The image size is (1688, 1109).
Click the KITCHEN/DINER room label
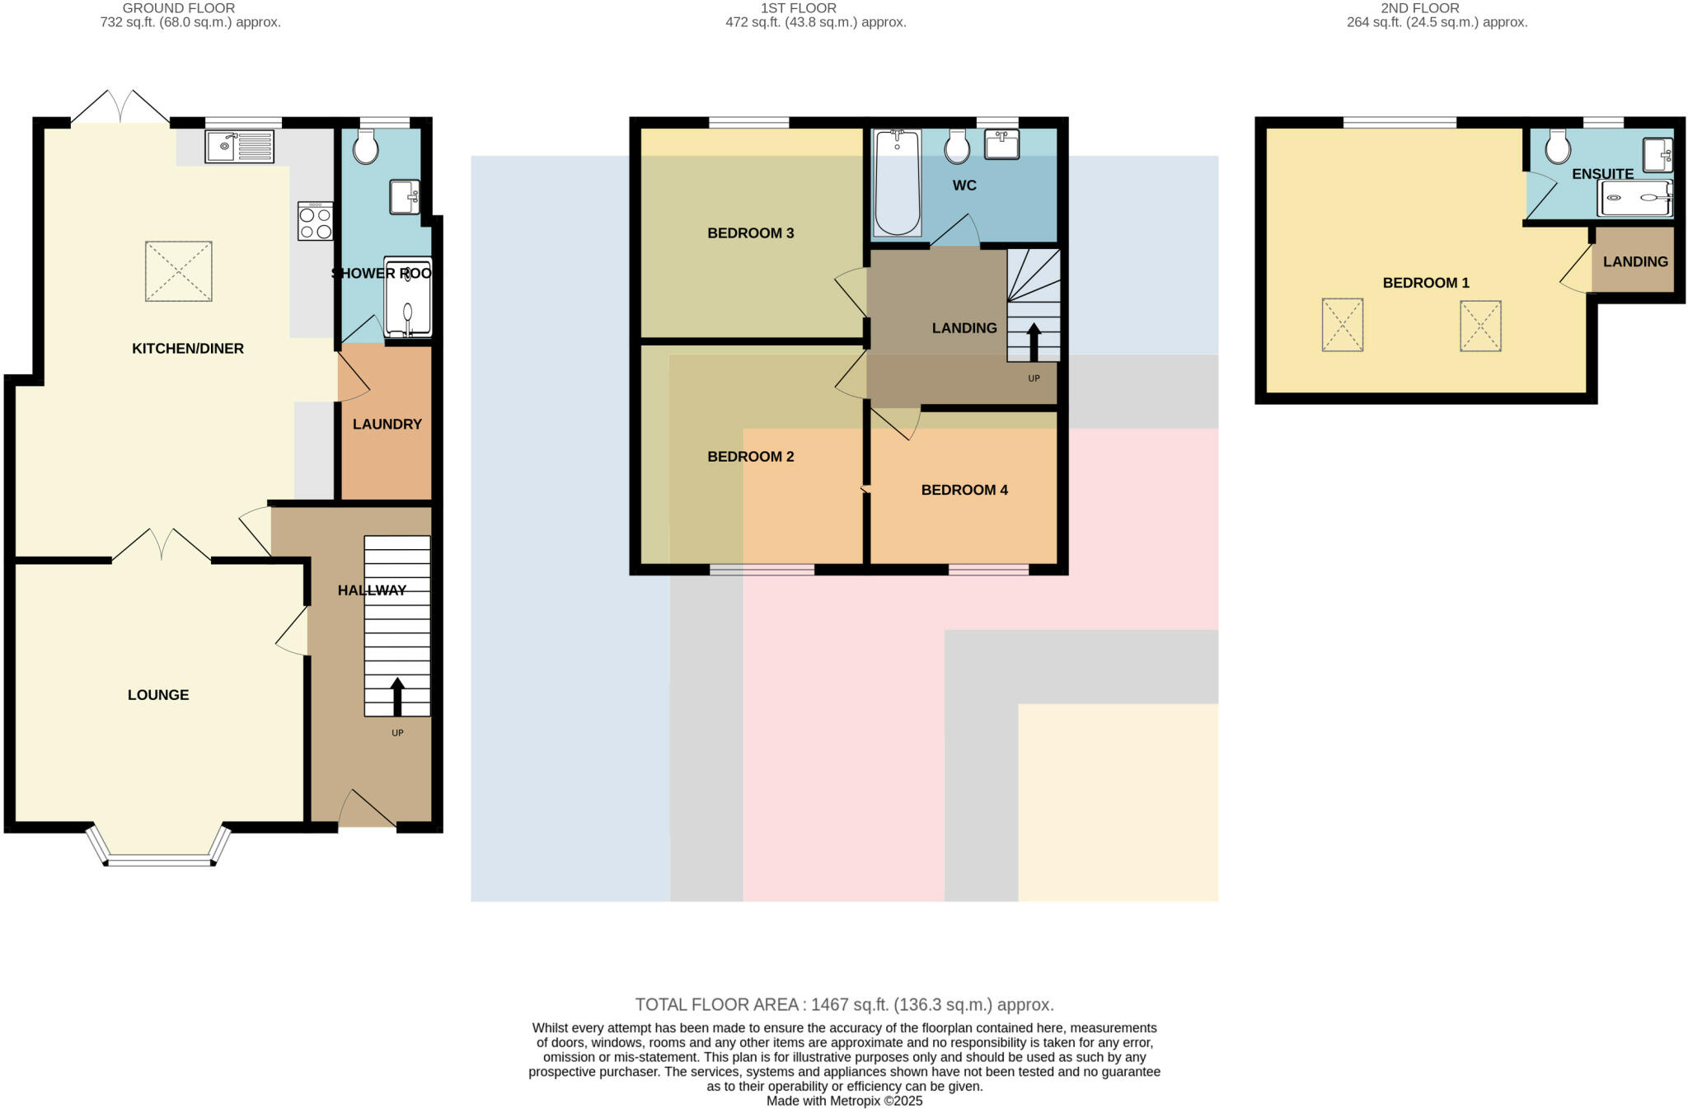pos(188,349)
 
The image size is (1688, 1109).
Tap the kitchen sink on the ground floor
pos(239,147)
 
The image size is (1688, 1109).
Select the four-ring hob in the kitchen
pos(316,221)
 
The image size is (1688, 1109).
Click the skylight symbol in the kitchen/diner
pos(179,271)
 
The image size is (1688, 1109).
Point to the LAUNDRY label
pos(387,425)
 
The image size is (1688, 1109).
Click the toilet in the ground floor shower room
pos(365,148)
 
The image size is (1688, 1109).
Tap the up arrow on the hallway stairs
pos(397,697)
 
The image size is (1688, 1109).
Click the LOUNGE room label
pos(158,695)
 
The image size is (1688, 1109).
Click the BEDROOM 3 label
pos(750,233)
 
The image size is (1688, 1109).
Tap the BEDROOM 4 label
pos(964,490)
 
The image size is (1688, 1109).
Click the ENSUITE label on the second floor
pos(1602,174)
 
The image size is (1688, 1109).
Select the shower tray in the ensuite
pos(1635,198)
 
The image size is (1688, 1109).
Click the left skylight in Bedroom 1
pos(1342,325)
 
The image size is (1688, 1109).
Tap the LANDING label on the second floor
pos(1635,261)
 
